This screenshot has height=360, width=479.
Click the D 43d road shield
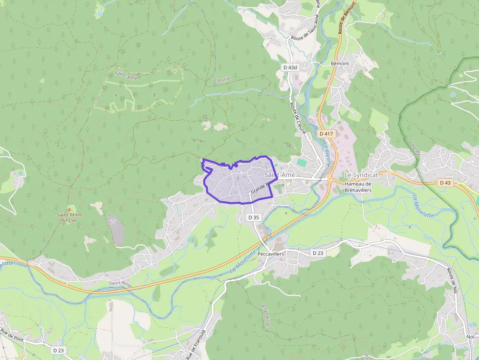coord(290,67)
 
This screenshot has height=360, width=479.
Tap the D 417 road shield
coord(326,133)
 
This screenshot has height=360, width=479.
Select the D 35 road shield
coord(253,217)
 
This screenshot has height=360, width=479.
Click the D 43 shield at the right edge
coord(445,183)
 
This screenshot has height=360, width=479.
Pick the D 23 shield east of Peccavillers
coord(318,253)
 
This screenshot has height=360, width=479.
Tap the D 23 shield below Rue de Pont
coord(58,350)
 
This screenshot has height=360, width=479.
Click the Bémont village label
coord(340,64)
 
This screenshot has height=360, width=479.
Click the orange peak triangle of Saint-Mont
coord(69,208)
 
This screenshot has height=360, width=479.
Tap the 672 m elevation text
coord(69,221)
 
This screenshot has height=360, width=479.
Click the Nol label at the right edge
coord(470,337)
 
